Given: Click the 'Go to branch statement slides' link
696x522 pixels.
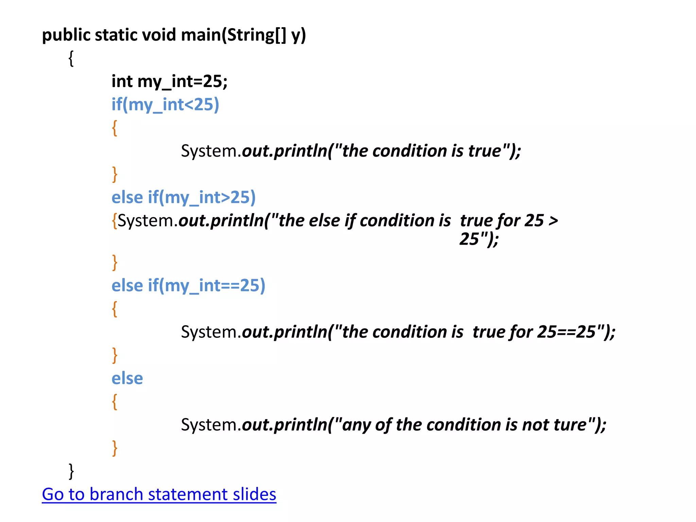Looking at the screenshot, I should tap(159, 494).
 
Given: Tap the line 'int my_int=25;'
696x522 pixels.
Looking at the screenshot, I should tap(169, 82).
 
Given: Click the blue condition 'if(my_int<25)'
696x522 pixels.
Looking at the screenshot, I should tap(165, 105).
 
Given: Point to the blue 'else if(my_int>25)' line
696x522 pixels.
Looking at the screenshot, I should tap(184, 197).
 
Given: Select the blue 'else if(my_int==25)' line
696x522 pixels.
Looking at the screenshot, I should tap(188, 285).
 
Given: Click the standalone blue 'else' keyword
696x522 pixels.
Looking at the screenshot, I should tap(127, 378).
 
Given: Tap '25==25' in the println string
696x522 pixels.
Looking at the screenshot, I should tap(567, 332).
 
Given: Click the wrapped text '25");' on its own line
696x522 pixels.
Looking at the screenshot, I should tap(479, 239).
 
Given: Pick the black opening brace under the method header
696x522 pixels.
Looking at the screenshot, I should tap(71, 59).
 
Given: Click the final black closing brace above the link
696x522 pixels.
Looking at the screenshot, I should tap(71, 471).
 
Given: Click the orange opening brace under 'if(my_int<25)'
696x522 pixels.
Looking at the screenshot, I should tap(115, 128).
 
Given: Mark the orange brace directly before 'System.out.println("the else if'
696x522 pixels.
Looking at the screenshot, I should tap(115, 221).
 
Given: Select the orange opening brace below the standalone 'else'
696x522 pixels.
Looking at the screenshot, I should tap(115, 402).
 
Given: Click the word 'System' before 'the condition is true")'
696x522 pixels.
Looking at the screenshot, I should tap(209, 151).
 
